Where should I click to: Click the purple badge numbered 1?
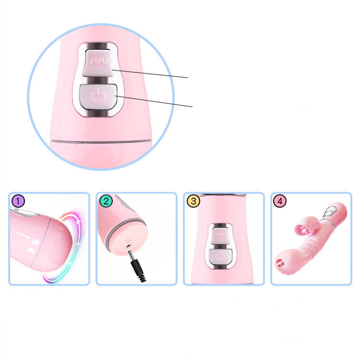pyautogui.click(x=17, y=201)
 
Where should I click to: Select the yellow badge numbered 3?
pyautogui.click(x=193, y=201)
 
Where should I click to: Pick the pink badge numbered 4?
pyautogui.click(x=281, y=201)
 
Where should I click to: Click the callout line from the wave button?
pyautogui.click(x=154, y=74)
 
